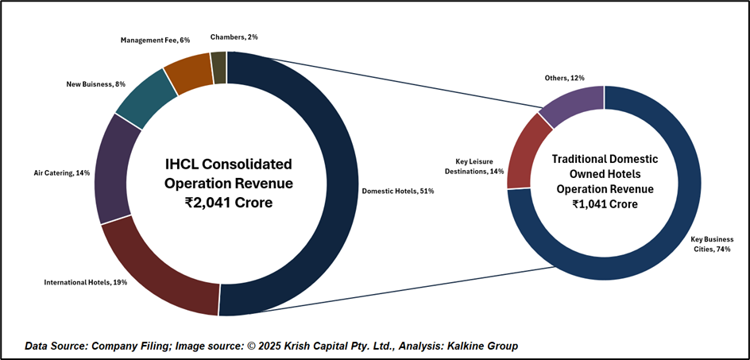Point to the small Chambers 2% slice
218,67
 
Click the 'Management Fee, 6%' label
155,40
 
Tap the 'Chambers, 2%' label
234,37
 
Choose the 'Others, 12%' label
565,78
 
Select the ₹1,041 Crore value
604,203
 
